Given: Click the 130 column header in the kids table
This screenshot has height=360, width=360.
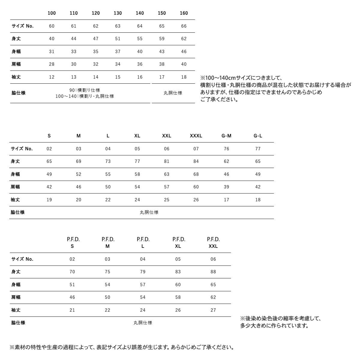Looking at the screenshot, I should [x=118, y=13].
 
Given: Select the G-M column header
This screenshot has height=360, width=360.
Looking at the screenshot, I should [x=226, y=136].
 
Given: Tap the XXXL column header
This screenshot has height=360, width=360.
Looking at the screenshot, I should [x=196, y=136].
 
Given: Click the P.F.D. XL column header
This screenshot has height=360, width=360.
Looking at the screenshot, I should [x=178, y=243].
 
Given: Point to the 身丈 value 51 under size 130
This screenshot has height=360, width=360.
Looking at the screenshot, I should [x=118, y=39].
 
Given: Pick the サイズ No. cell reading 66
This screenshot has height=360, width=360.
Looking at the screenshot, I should [x=184, y=26].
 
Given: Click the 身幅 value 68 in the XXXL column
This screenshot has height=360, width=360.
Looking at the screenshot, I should [x=196, y=174].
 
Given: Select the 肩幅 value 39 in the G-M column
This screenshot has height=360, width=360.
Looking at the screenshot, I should [x=226, y=187].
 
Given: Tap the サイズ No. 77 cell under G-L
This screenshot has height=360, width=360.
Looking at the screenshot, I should [x=258, y=149].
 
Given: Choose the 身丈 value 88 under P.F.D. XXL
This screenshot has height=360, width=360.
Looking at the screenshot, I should [x=213, y=272].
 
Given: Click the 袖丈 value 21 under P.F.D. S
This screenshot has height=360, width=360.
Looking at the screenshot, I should [x=72, y=310].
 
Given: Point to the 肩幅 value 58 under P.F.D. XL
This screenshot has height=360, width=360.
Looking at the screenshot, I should [x=178, y=297].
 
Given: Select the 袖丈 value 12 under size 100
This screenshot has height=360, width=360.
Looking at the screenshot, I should [x=52, y=77].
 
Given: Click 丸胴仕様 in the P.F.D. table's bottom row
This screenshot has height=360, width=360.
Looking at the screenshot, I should [x=143, y=323].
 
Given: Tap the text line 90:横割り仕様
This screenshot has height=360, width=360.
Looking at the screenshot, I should [x=85, y=90].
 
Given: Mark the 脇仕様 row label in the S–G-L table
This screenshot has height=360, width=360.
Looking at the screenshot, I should [x=18, y=212].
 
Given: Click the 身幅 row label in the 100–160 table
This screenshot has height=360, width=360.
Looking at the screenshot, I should [x=16, y=52].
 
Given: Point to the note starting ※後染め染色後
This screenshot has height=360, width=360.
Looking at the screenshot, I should [x=280, y=319].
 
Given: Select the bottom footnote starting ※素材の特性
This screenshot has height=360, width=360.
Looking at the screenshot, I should [x=122, y=347].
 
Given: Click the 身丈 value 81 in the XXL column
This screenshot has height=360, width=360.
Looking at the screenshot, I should [x=166, y=161].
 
